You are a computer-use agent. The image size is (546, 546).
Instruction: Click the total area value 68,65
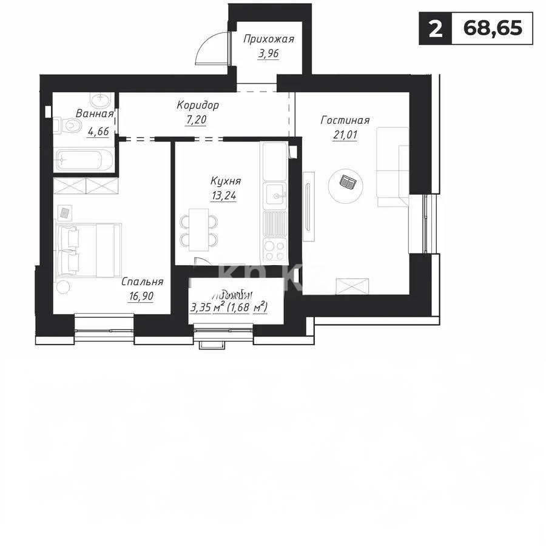click(x=492, y=29)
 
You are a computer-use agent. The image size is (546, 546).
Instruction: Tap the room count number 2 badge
click(x=435, y=29)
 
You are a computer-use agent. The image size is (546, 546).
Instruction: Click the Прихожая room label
click(x=268, y=40)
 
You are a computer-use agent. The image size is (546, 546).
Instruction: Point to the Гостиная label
click(x=345, y=121)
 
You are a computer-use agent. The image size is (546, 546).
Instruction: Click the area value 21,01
click(x=345, y=135)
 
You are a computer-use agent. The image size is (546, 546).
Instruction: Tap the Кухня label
click(x=226, y=181)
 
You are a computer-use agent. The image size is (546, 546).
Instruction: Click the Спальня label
click(x=143, y=281)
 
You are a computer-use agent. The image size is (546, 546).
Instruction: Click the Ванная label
click(x=95, y=113)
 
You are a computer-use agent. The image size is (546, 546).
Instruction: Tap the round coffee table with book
click(x=346, y=183)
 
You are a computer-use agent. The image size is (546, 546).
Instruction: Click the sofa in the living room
click(x=393, y=166)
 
